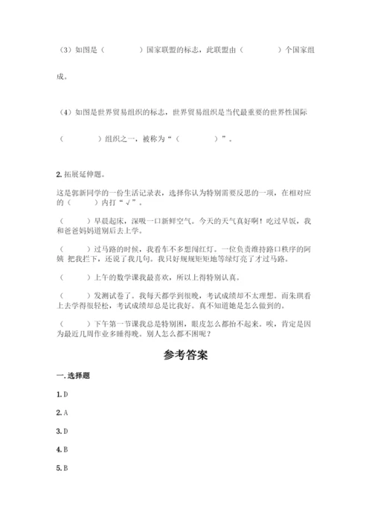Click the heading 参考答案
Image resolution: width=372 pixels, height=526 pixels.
(x=186, y=355)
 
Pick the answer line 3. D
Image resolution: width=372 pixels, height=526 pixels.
(x=63, y=431)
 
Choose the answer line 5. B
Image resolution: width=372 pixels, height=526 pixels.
(x=63, y=469)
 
